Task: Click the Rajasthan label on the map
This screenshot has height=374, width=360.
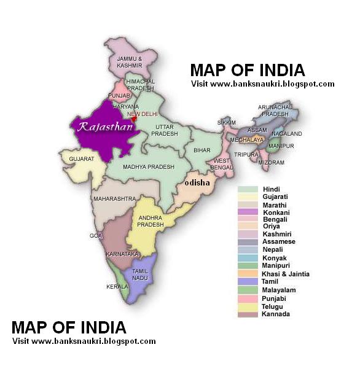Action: click(x=103, y=127)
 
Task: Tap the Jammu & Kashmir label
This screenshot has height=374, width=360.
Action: click(x=130, y=61)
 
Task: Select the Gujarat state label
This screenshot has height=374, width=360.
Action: click(x=81, y=158)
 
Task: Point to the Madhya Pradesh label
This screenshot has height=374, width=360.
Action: click(x=148, y=166)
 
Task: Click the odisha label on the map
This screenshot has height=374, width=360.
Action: click(x=197, y=182)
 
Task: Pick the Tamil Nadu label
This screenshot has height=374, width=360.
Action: click(x=139, y=275)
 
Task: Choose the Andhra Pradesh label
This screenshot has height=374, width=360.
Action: click(x=151, y=221)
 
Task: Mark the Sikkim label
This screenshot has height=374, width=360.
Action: click(x=227, y=123)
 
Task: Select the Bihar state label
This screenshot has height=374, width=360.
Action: click(x=202, y=150)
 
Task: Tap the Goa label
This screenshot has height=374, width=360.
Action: click(x=96, y=235)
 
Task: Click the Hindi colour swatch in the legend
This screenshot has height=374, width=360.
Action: click(x=248, y=189)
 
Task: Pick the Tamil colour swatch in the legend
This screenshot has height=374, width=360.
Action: click(x=248, y=282)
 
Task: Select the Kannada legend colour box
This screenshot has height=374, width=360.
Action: click(x=248, y=314)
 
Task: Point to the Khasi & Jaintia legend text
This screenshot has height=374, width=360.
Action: click(x=286, y=274)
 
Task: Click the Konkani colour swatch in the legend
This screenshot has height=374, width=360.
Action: click(x=248, y=212)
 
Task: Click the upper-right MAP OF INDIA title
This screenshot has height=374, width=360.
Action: click(x=247, y=70)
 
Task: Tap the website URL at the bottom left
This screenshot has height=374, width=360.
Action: click(x=84, y=341)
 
